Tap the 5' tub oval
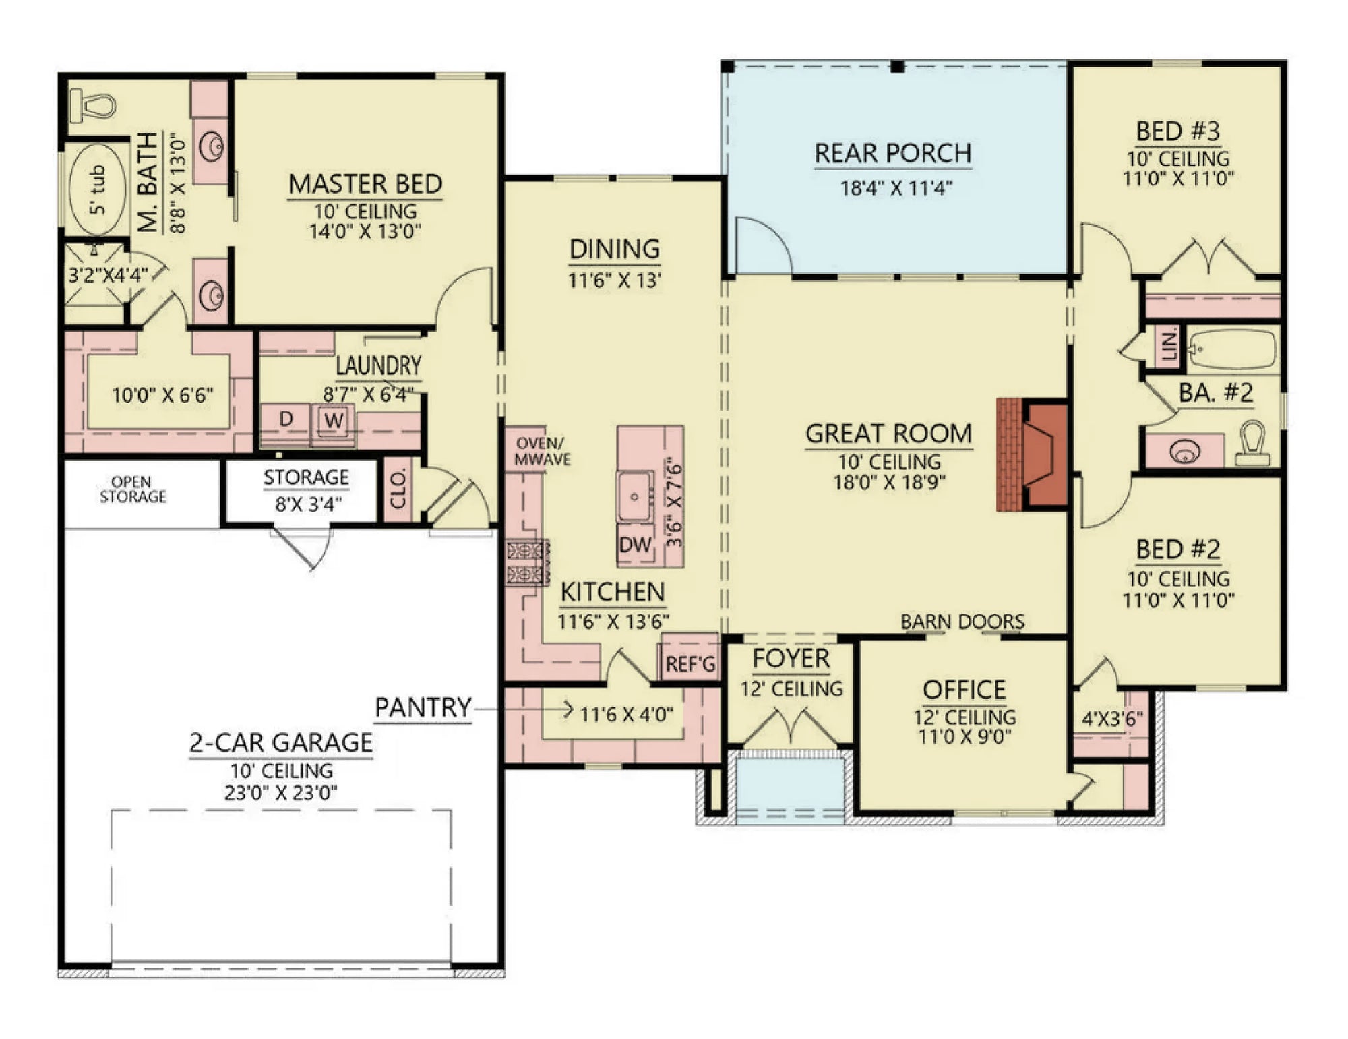point(98,189)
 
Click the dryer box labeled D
point(286,419)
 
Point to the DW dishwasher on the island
point(634,545)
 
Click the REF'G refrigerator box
point(690,664)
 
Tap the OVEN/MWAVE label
point(542,452)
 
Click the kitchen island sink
point(634,497)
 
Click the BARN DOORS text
point(962,622)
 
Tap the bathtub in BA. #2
point(1232,349)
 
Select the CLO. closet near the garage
point(398,489)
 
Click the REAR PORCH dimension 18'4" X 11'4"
point(896,188)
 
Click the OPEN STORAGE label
point(132,489)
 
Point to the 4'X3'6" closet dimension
point(1112,719)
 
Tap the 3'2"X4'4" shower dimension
point(106,275)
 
